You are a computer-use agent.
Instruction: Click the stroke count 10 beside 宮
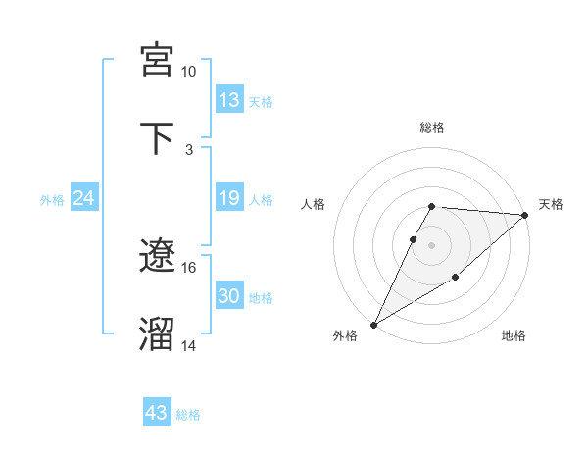pos(188,72)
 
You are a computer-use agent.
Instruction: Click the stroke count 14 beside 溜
pos(188,345)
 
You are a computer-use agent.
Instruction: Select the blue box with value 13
pos(229,100)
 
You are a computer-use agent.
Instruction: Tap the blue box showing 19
pos(229,198)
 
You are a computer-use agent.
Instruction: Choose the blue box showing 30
pos(229,296)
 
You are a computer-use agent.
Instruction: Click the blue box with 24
pos(83,198)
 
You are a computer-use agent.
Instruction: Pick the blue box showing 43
pos(157,413)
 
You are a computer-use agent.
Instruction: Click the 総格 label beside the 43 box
pos(188,415)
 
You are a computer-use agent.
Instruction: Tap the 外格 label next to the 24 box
pos(52,200)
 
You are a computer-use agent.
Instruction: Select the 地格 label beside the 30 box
pos(261,298)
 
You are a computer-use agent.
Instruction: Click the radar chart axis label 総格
pos(432,128)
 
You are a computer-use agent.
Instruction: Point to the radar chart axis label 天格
pos(551,204)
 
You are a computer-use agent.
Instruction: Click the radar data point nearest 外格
pos(373,325)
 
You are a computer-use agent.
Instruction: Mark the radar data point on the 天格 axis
pos(525,215)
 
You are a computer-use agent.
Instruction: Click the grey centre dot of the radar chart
pos(432,244)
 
